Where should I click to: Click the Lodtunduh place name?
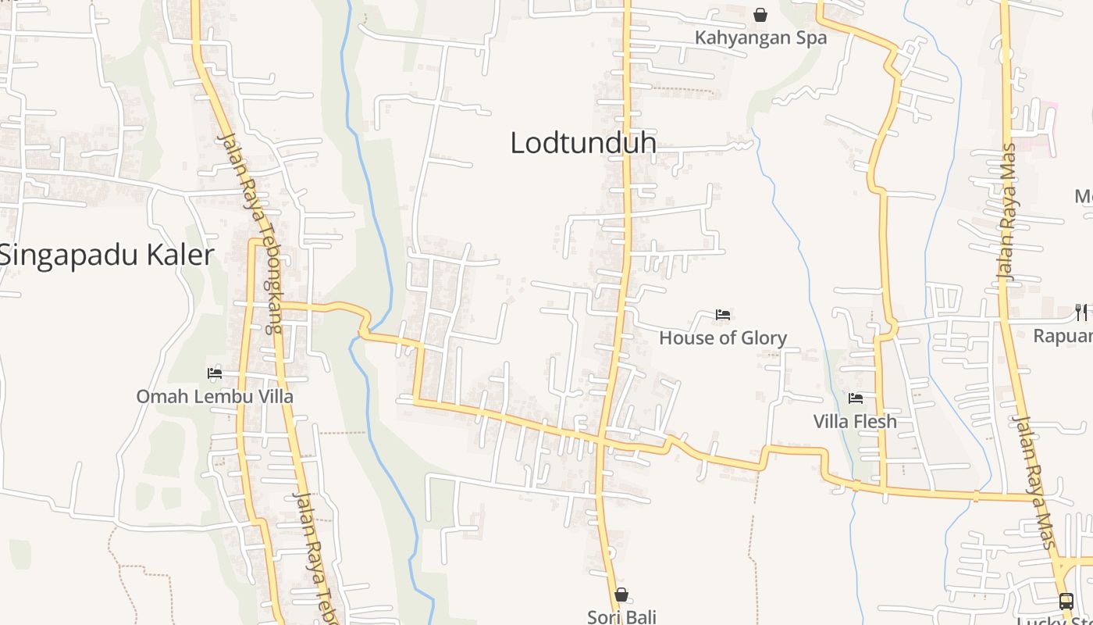[583, 143]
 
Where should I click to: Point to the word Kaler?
[180, 255]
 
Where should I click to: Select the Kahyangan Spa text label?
[760, 37]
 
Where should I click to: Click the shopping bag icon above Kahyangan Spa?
[760, 15]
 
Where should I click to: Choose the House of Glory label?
[723, 337]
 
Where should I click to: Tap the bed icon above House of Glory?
[723, 315]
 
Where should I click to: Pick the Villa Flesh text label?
[855, 421]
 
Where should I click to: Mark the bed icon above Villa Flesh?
[856, 398]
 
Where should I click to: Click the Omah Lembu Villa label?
[215, 396]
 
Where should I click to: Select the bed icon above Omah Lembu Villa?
[215, 373]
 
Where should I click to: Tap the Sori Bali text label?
[621, 616]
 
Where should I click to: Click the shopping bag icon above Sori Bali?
[621, 595]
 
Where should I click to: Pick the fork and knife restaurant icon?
[1081, 312]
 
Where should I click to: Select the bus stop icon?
[1066, 601]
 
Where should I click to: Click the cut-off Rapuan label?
[1063, 336]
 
